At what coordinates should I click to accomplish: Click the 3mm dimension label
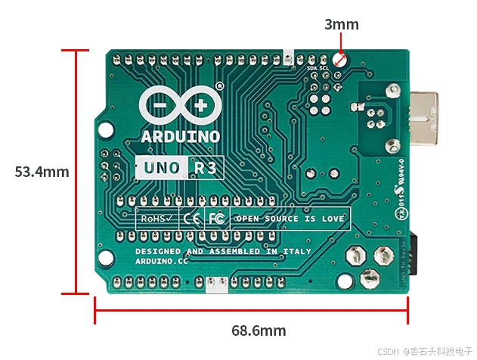pos(342,24)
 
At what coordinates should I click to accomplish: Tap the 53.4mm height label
pos(42,172)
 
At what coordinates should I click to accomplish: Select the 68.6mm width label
pos(259,331)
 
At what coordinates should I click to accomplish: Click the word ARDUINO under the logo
pos(181,137)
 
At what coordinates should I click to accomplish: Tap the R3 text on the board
pos(206,167)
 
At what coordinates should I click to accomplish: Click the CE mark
pos(192,219)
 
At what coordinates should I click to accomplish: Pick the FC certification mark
pos(216,219)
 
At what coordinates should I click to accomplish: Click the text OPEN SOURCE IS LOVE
pos(290,219)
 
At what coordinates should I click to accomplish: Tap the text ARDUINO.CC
pos(161,260)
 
